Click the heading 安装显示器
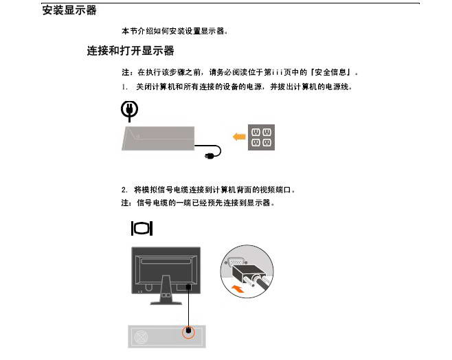click(69, 10)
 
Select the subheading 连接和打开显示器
click(131, 51)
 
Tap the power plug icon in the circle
click(129, 111)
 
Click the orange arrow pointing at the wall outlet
click(239, 137)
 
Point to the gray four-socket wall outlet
click(261, 137)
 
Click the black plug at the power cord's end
click(209, 156)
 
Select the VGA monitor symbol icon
click(142, 229)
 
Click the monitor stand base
click(166, 303)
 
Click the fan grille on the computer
click(141, 337)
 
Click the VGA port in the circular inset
click(236, 262)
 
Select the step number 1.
click(124, 87)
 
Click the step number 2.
click(124, 190)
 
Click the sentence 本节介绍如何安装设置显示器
click(174, 31)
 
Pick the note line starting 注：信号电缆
click(198, 203)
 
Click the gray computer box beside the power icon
click(158, 138)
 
